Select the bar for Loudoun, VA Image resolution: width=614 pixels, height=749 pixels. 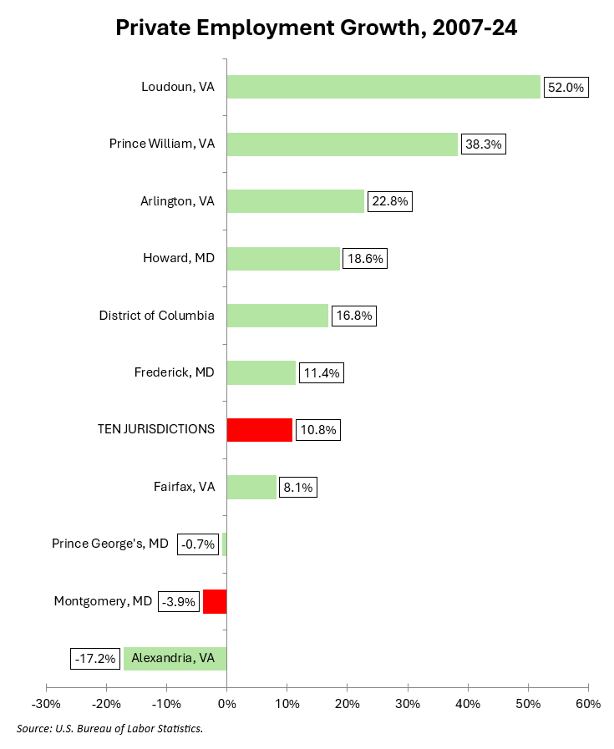(x=383, y=87)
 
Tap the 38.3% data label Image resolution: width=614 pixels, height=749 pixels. (x=483, y=144)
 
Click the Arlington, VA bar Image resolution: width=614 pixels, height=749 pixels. (x=296, y=201)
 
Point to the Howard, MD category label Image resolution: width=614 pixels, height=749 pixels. (x=179, y=259)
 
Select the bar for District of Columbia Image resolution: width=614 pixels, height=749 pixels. (x=277, y=316)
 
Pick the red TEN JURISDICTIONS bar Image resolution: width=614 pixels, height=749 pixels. (x=259, y=430)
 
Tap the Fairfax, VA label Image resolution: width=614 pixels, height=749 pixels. (x=184, y=487)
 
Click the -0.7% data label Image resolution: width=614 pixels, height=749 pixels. (x=197, y=544)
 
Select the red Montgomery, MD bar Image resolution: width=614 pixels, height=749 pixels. (x=215, y=601)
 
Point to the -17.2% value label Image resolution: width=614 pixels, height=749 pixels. (x=94, y=659)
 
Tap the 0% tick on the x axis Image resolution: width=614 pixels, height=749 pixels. (x=226, y=704)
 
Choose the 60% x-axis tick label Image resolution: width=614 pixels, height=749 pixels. (x=587, y=704)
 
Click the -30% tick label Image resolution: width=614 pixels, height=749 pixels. (x=45, y=704)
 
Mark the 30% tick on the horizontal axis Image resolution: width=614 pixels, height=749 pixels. (x=407, y=704)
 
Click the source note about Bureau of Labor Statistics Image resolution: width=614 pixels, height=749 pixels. (x=109, y=729)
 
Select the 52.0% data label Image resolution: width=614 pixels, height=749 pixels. (x=566, y=88)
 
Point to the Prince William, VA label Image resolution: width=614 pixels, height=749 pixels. (x=162, y=144)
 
